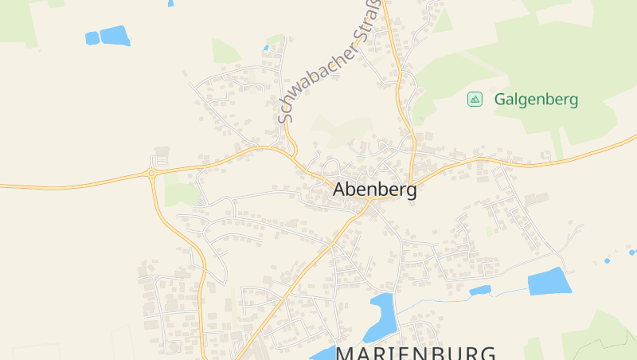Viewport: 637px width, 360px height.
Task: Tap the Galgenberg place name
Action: coord(536,100)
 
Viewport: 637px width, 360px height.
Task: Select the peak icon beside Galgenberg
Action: coord(475,99)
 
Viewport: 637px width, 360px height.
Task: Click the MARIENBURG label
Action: coord(416,353)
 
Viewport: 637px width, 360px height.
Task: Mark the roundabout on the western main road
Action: coord(151,173)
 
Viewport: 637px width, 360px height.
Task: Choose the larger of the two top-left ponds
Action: coord(115,36)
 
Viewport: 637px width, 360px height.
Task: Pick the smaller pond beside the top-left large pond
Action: coord(92,37)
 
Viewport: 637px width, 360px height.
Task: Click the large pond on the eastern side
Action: coord(549,281)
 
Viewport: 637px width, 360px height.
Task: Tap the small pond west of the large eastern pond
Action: coord(479,291)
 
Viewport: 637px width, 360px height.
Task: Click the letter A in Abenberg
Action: coord(340,190)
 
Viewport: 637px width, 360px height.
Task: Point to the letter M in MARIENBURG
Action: coord(347,354)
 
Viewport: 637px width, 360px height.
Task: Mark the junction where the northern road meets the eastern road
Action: coord(411,182)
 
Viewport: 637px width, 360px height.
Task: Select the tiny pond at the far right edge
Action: coord(632,252)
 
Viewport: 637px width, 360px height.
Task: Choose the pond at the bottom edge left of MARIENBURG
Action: coord(323,354)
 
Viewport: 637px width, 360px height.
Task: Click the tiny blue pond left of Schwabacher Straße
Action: coord(266,48)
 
